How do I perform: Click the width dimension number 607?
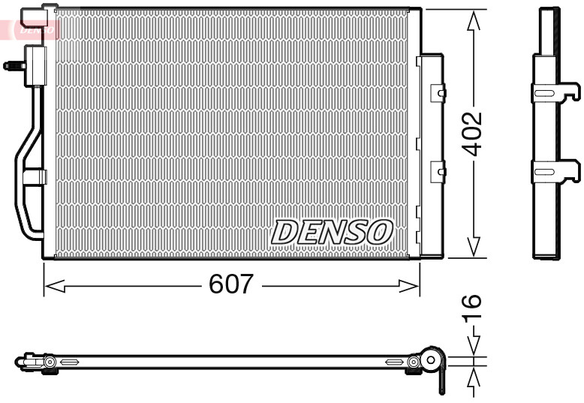click(x=231, y=285)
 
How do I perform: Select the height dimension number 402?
click(x=471, y=134)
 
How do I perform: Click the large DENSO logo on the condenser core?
click(x=332, y=232)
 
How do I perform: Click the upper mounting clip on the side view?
click(x=555, y=92)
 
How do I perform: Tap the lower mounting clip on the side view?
click(x=555, y=171)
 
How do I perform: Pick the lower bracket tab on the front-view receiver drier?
click(x=437, y=173)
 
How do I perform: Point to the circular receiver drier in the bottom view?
click(x=430, y=361)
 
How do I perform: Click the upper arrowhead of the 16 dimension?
click(x=473, y=344)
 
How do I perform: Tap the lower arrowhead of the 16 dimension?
click(x=473, y=379)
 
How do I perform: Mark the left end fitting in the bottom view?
click(x=30, y=362)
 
